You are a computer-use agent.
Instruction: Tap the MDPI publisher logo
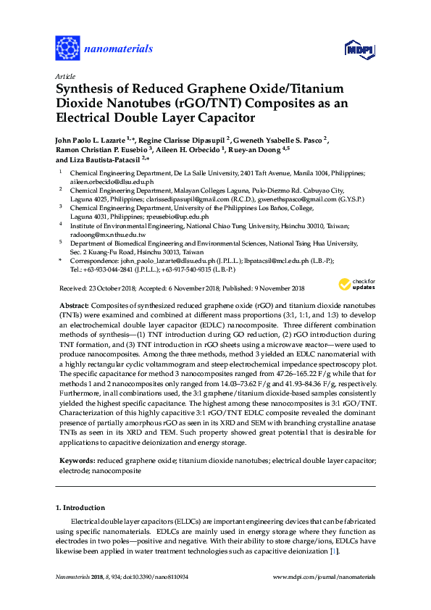point(354,51)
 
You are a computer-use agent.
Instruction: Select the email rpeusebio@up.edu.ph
point(175,217)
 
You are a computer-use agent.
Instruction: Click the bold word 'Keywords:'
point(75,460)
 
